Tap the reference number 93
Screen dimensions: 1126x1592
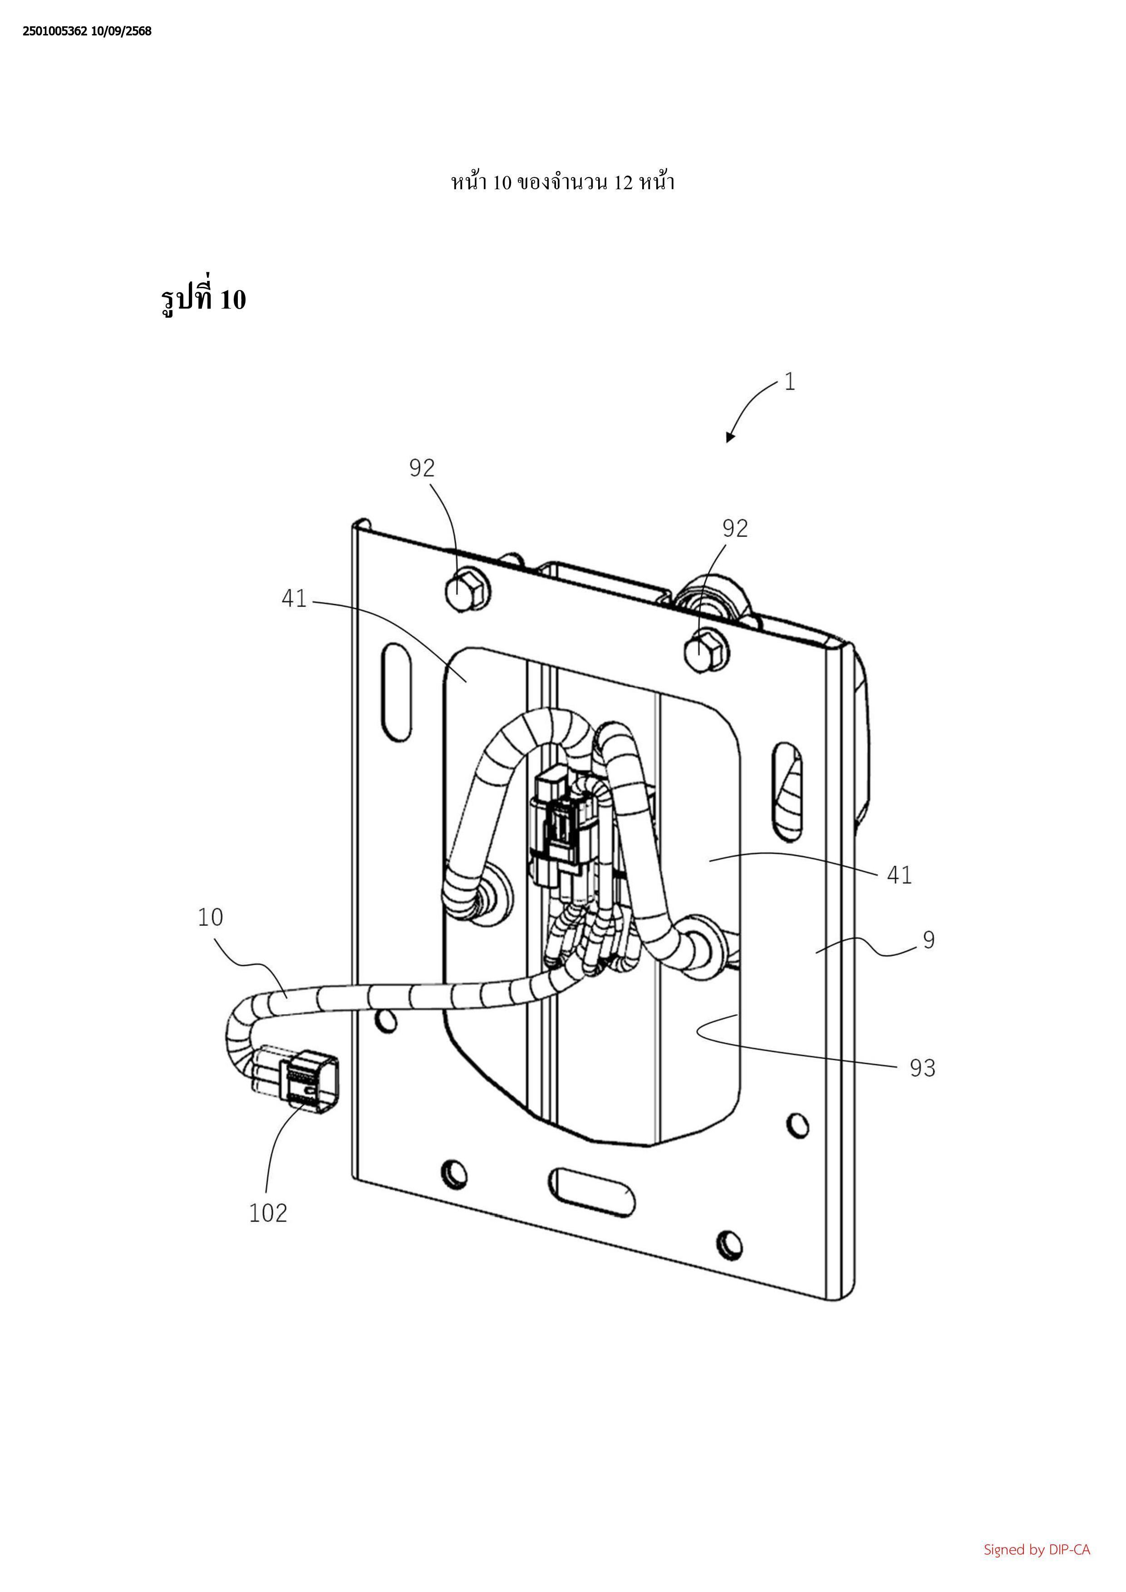[x=922, y=1068]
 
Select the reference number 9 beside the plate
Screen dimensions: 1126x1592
[x=929, y=940]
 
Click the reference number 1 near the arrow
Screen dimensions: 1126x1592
[x=790, y=382]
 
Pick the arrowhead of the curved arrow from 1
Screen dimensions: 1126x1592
[x=729, y=437]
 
